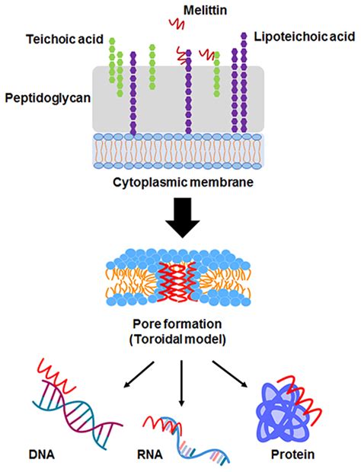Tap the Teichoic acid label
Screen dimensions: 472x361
64,39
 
